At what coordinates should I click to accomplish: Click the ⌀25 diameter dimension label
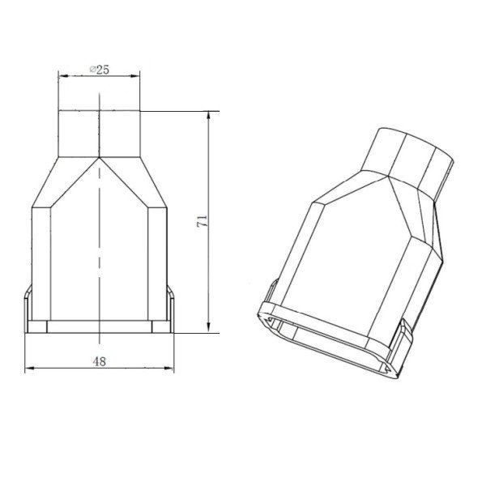(100, 70)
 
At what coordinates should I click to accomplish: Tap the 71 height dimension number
(202, 221)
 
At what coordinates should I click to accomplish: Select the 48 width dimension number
(99, 361)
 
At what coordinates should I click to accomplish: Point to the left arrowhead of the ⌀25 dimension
(63, 75)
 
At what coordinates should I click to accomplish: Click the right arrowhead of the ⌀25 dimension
(135, 75)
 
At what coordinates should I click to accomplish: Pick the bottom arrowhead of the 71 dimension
(209, 328)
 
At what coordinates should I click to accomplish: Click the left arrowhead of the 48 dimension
(29, 369)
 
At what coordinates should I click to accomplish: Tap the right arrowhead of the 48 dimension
(169, 369)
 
